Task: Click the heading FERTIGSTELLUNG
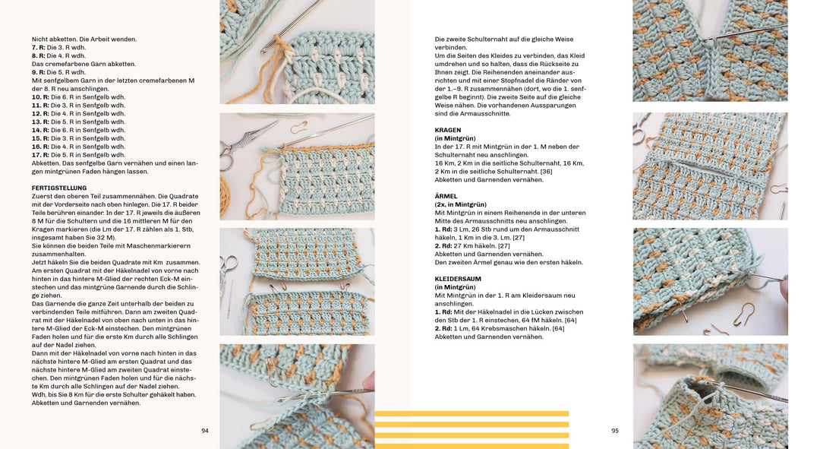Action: [59, 188]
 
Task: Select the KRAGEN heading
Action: [448, 130]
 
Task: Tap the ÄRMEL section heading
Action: [446, 196]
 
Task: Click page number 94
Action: [205, 431]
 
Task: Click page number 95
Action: [615, 431]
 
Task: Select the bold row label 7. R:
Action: [39, 47]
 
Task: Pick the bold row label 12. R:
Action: [41, 114]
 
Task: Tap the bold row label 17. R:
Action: [41, 155]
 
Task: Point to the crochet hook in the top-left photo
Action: [292, 23]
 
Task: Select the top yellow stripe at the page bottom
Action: [471, 414]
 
